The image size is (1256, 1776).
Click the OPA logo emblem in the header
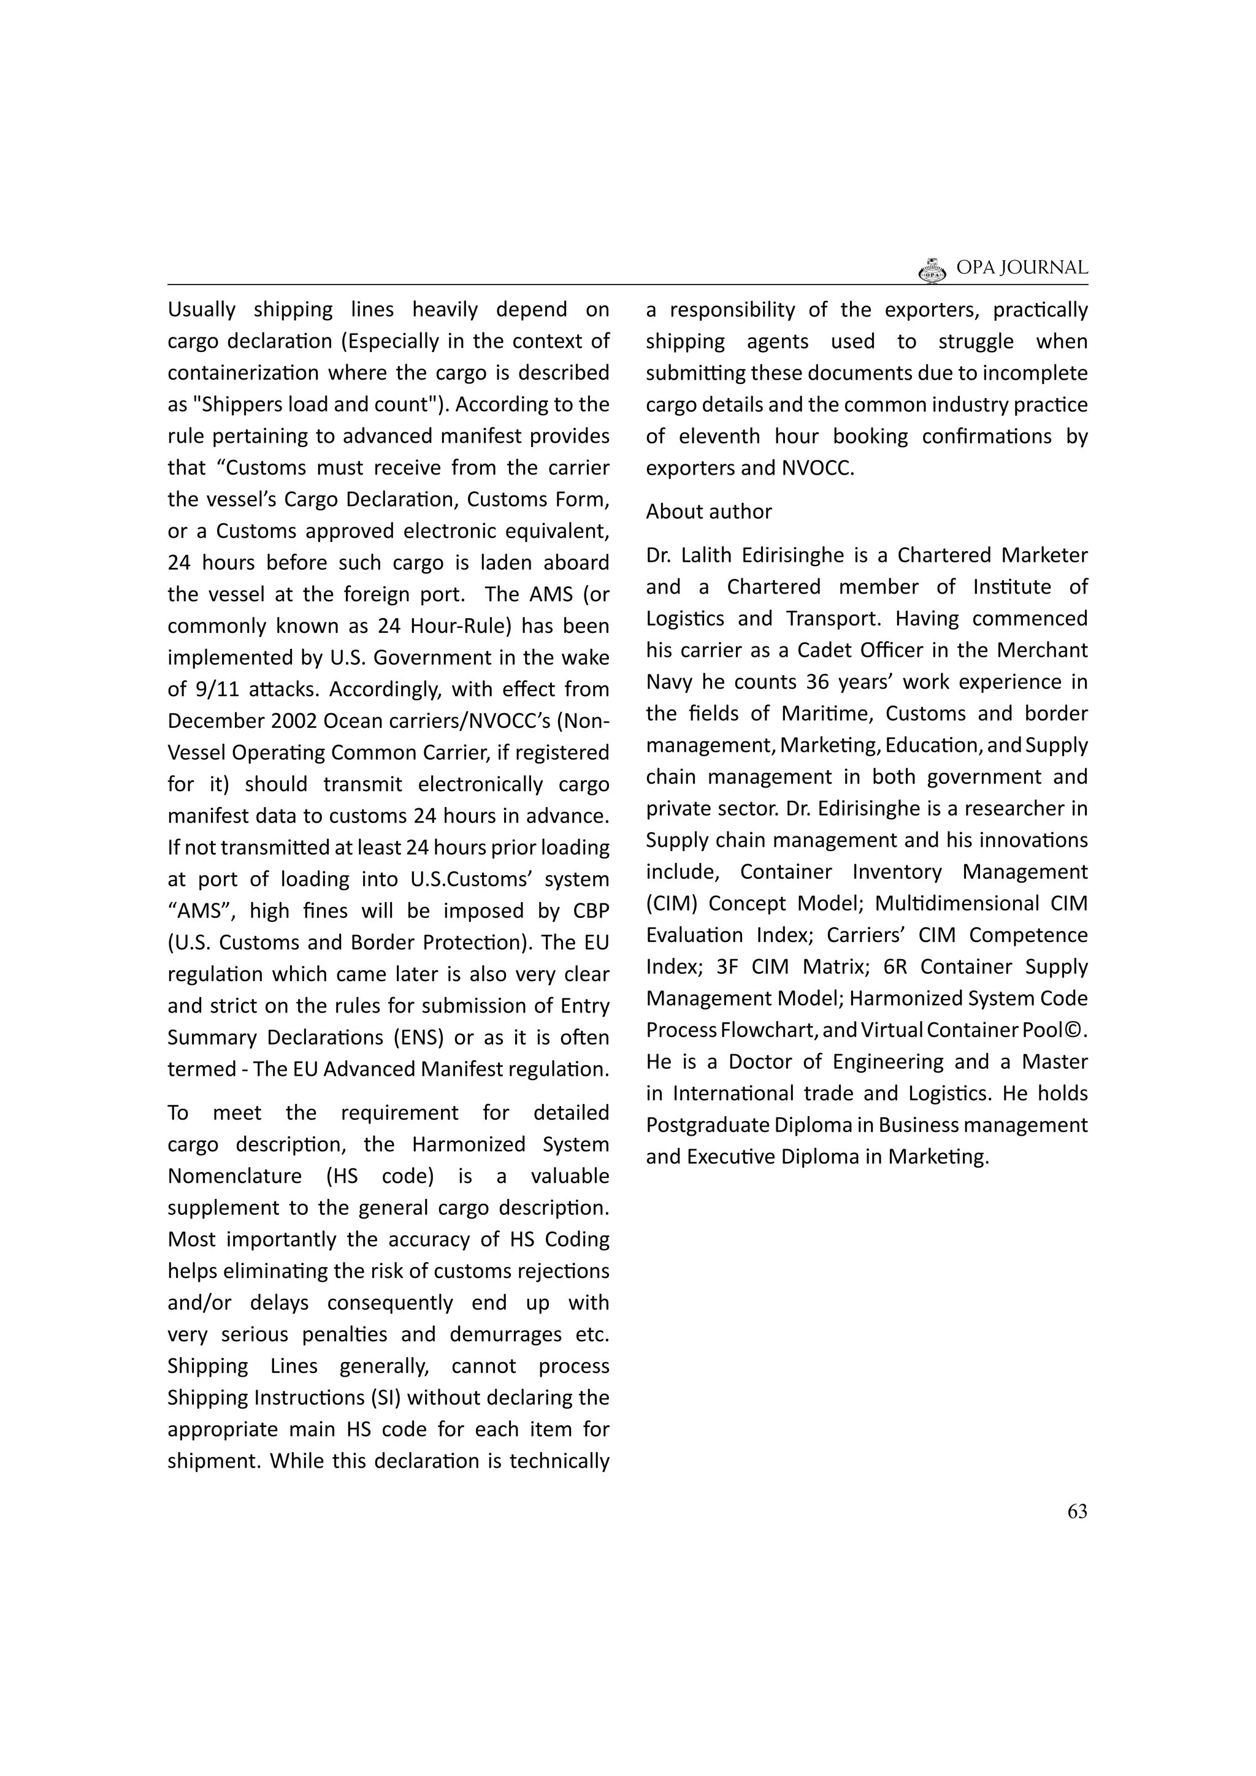[x=932, y=270]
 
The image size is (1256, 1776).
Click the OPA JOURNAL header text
[x=1022, y=267]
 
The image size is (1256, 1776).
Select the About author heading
[x=708, y=511]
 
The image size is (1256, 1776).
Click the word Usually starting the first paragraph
[x=202, y=310]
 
